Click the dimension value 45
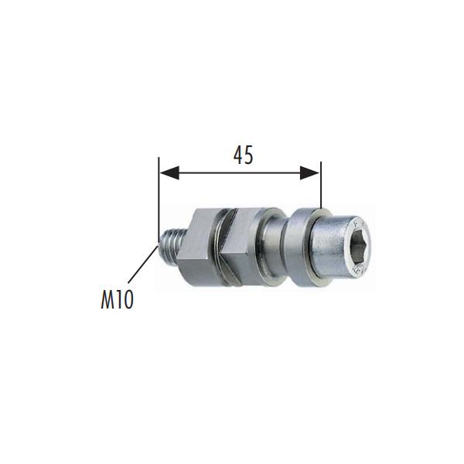point(244,155)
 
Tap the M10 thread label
point(118,299)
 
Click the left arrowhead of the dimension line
point(169,172)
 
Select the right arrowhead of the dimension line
point(310,172)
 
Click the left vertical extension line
point(159,201)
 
